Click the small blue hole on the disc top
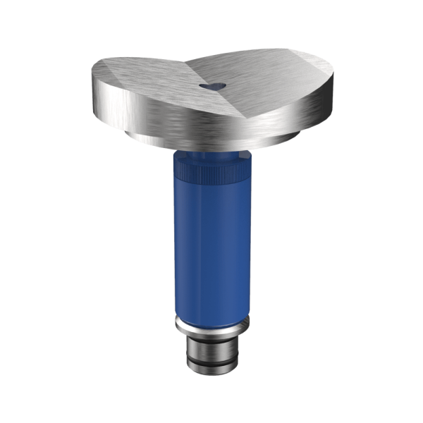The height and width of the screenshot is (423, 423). pyautogui.click(x=211, y=84)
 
